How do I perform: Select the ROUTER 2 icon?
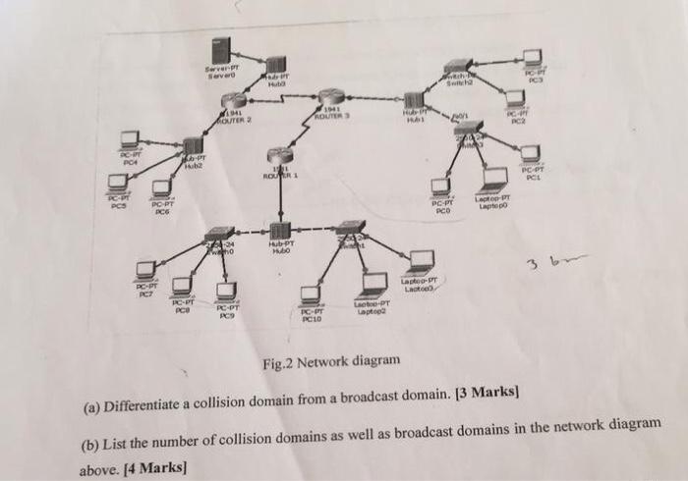pos(233,101)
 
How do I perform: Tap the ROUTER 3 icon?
pos(329,98)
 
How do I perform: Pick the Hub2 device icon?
pos(194,146)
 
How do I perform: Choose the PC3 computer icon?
pos(533,58)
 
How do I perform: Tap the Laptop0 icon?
pos(491,183)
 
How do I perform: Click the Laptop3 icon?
pos(422,262)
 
